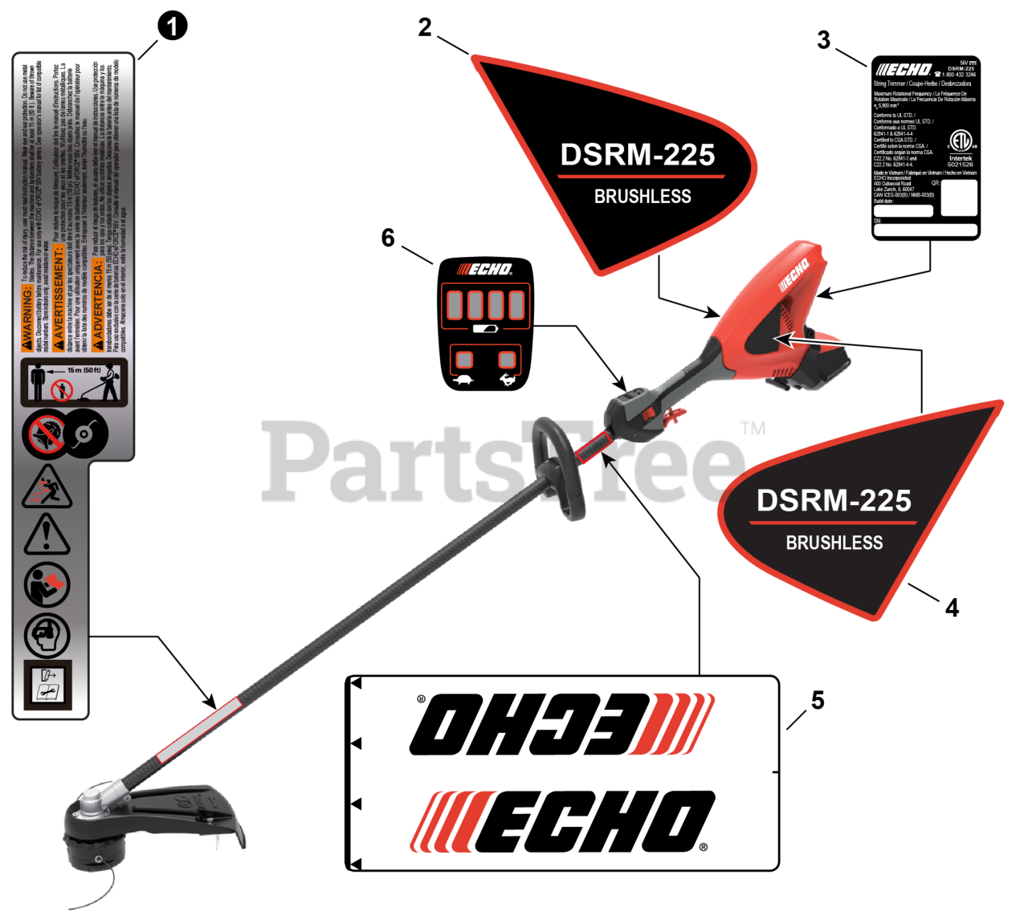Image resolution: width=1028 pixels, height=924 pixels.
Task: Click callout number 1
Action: coord(172,27)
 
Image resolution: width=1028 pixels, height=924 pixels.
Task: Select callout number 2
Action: coord(425,27)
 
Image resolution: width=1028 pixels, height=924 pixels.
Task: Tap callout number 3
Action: coord(823,39)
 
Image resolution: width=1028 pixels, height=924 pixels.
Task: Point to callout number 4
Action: coord(953,608)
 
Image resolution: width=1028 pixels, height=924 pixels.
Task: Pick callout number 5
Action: coord(818,700)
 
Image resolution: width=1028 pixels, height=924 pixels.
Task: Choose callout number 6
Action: coord(388,238)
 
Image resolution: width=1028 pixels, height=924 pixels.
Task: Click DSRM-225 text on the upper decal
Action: coord(638,155)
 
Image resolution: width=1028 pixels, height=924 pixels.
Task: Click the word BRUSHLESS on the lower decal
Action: coord(834,543)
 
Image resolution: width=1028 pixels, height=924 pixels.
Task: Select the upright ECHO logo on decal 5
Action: coord(562,821)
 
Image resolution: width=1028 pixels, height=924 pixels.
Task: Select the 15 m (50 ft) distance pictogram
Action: coord(74,384)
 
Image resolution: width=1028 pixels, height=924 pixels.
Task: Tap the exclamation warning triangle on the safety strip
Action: coord(47,535)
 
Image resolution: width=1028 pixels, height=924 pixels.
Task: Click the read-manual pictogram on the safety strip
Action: coord(47,584)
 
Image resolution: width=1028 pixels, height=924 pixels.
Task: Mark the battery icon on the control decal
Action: coord(484,329)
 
